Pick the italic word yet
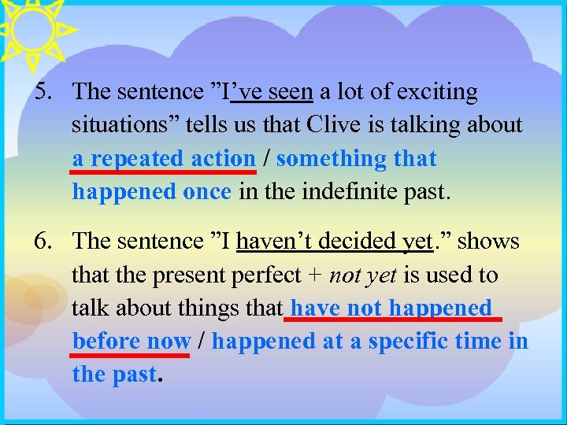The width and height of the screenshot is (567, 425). [x=378, y=275]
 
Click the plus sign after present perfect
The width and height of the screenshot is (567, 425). [x=317, y=275]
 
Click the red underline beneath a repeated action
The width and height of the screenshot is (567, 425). [x=164, y=171]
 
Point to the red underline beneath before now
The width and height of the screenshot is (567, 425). [x=131, y=355]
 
